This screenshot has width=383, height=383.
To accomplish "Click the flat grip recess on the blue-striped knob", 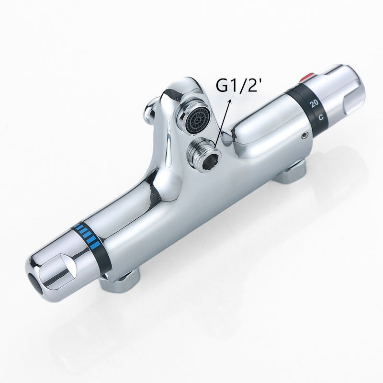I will click(62, 261).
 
